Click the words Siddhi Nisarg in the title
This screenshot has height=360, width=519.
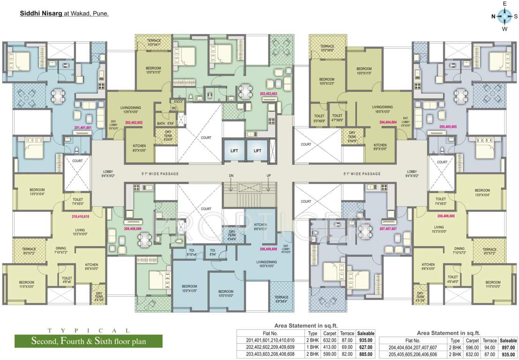pos(39,14)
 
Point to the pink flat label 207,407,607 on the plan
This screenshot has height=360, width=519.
pos(389,229)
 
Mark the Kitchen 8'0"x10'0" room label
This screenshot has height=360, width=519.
pos(139,148)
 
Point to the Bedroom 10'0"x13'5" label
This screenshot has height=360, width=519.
pos(189,288)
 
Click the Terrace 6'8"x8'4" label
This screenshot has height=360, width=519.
pos(281,299)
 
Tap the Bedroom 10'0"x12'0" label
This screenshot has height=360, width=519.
pos(327,81)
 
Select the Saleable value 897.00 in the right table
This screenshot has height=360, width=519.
pos(508,347)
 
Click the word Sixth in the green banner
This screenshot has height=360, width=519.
pos(95,341)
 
